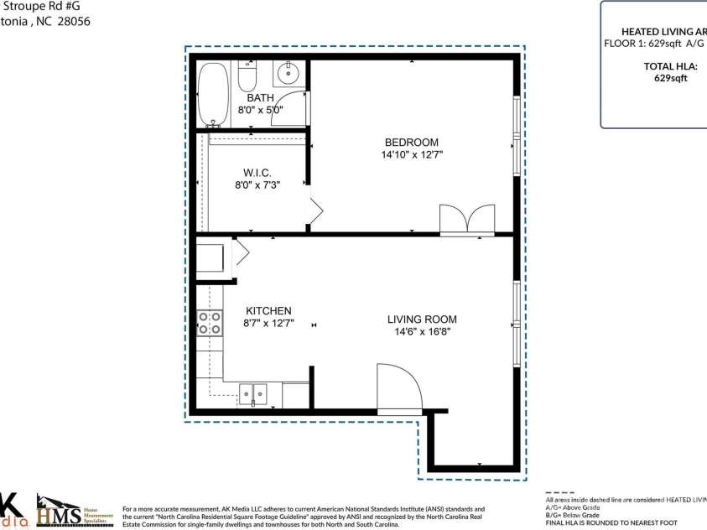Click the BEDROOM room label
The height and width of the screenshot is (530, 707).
(x=411, y=143)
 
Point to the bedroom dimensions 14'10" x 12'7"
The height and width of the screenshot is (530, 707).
(x=411, y=155)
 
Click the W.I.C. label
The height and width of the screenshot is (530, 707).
(x=257, y=172)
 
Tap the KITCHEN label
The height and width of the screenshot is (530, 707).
(x=268, y=311)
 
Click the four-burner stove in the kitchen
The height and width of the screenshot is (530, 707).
(x=210, y=323)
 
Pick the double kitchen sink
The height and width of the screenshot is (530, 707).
(x=252, y=392)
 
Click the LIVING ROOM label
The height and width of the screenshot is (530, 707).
(x=422, y=320)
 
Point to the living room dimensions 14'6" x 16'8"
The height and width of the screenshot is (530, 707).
(x=422, y=332)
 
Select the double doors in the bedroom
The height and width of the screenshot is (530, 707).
(x=466, y=218)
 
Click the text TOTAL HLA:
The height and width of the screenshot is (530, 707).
(x=670, y=66)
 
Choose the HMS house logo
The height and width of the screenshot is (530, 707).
(x=60, y=509)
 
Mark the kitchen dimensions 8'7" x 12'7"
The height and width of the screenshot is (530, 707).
(x=268, y=323)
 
